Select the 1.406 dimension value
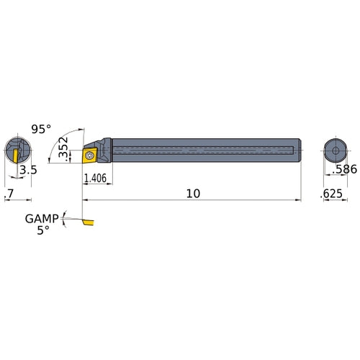(x=96, y=179)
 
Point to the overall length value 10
(x=192, y=194)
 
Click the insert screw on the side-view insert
(x=90, y=153)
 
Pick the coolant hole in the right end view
(x=336, y=149)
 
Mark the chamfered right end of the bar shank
(x=298, y=150)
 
